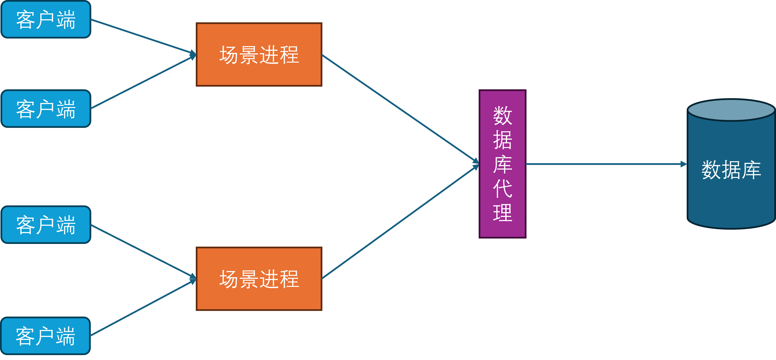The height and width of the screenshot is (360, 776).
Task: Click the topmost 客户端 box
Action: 46,20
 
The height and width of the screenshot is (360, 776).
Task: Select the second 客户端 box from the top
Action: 46,109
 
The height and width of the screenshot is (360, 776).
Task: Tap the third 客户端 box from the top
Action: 46,225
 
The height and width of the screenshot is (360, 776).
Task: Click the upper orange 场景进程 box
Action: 259,54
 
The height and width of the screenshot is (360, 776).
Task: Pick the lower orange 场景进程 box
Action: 259,279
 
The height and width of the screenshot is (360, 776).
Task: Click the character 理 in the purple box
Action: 502,213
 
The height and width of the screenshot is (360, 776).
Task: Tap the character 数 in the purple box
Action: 502,115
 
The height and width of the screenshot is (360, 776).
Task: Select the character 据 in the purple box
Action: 502,140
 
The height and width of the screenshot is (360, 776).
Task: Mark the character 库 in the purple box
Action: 502,164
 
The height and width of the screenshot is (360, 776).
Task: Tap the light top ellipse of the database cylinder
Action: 731,110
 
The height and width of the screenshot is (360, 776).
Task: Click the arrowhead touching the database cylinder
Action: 684,164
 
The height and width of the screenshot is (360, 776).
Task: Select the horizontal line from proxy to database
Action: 603,164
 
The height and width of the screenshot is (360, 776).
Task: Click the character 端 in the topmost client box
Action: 66,20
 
